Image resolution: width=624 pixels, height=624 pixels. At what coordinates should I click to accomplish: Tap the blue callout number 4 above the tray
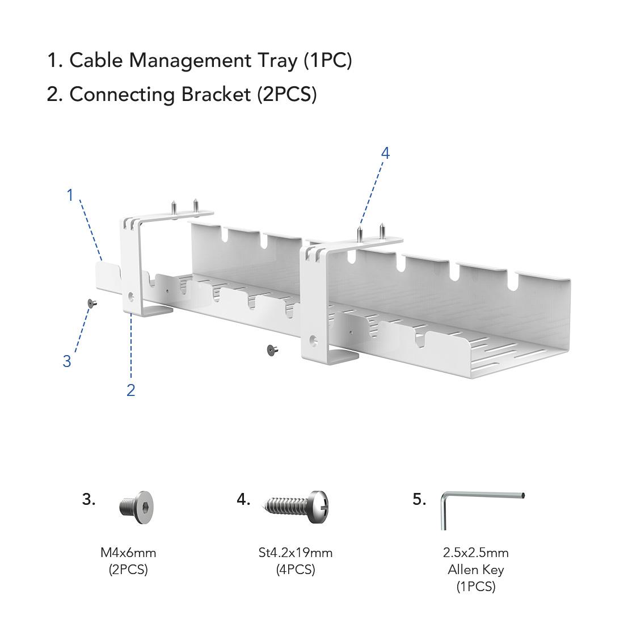[385, 153]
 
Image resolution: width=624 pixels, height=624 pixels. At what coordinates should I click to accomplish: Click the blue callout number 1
[70, 195]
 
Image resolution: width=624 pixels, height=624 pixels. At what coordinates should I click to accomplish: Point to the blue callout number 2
[130, 390]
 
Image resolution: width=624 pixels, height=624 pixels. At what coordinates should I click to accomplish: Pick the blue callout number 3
[67, 361]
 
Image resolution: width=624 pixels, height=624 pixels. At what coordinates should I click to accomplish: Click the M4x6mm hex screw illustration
[136, 503]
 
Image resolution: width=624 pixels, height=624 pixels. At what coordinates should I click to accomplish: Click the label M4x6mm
[128, 553]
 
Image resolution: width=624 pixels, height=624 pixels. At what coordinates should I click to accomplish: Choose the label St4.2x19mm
[295, 553]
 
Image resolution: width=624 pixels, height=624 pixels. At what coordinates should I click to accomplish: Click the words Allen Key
[475, 570]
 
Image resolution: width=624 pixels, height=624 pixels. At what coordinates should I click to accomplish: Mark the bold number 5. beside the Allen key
[419, 499]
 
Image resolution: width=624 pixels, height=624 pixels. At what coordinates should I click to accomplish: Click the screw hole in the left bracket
[132, 296]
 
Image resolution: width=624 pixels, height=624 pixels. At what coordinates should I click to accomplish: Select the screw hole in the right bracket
[313, 341]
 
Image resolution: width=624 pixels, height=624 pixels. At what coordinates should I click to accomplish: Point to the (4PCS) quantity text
[295, 570]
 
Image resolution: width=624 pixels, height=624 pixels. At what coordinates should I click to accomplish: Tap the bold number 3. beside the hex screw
[88, 499]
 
